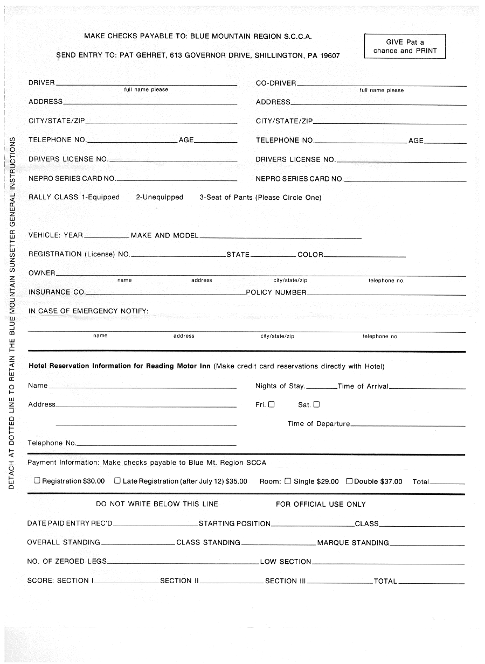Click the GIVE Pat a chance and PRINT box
(x=405, y=46)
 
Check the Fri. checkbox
(x=272, y=404)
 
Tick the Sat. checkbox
(x=316, y=404)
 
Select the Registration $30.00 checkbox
(x=37, y=481)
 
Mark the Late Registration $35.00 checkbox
(x=117, y=481)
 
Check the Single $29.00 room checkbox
(x=288, y=481)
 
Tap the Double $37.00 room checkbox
(x=349, y=481)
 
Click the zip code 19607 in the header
(x=330, y=55)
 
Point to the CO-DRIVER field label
(x=276, y=83)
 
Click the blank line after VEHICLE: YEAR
(x=107, y=236)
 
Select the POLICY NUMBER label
(x=276, y=292)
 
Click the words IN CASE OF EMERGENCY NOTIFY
(x=88, y=311)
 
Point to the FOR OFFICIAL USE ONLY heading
(x=321, y=505)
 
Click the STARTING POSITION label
(x=234, y=523)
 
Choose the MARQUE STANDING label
(x=353, y=543)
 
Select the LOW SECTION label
(x=286, y=562)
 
